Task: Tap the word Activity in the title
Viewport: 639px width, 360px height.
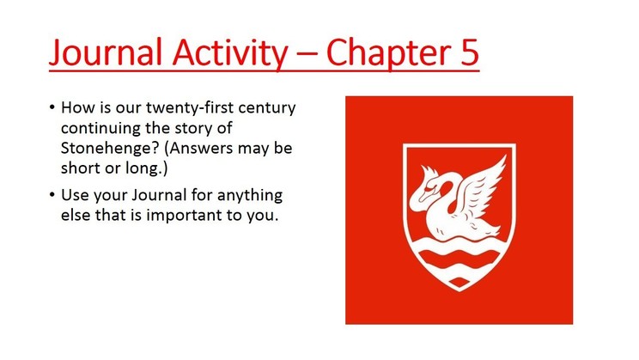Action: [x=230, y=53]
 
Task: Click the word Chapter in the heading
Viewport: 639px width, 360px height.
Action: [x=388, y=53]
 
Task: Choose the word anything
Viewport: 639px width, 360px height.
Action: [x=249, y=195]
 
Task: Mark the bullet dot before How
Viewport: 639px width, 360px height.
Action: [x=52, y=107]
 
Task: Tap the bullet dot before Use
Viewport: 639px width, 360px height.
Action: [x=52, y=195]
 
